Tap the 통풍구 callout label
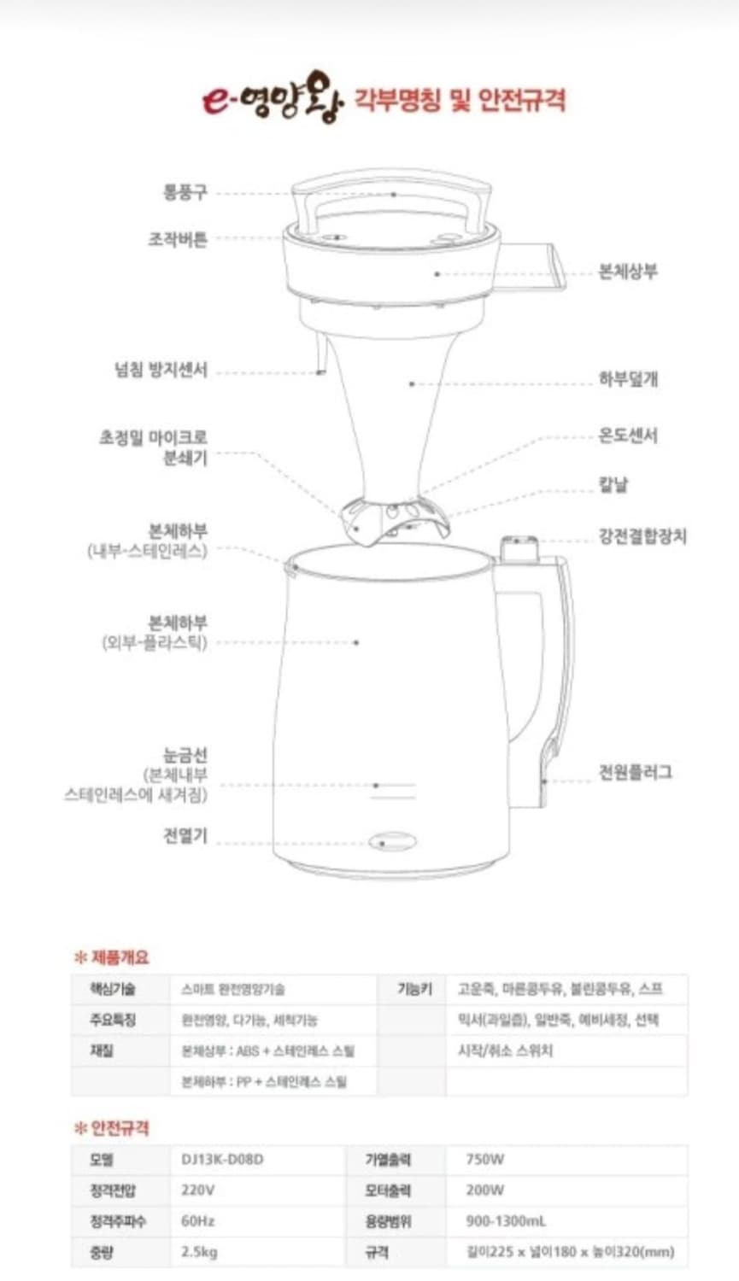click(x=185, y=192)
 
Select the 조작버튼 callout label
click(x=178, y=239)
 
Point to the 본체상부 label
click(x=628, y=272)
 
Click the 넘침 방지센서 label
click(x=161, y=370)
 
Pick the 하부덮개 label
click(x=628, y=379)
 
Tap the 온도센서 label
click(x=628, y=436)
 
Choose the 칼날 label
click(x=613, y=485)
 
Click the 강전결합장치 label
click(x=642, y=536)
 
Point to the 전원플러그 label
click(x=635, y=773)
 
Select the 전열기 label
click(x=185, y=835)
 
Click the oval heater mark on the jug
click(x=393, y=841)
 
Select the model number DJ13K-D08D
click(x=222, y=1159)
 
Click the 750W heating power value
click(x=484, y=1159)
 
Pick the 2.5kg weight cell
click(x=199, y=1252)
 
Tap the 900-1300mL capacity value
click(x=506, y=1221)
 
